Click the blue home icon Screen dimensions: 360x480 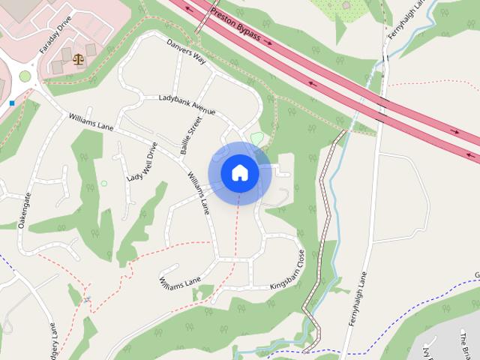click(239, 172)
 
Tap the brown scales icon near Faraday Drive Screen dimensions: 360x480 click(79, 57)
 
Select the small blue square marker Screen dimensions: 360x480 click(12, 102)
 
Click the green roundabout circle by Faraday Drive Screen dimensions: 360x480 click(25, 76)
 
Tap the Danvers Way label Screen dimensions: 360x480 click(186, 51)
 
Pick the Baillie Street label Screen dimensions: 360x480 click(191, 135)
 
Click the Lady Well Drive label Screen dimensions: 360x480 click(142, 162)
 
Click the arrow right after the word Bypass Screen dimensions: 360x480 click(268, 43)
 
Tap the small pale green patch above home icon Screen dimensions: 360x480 click(256, 139)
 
